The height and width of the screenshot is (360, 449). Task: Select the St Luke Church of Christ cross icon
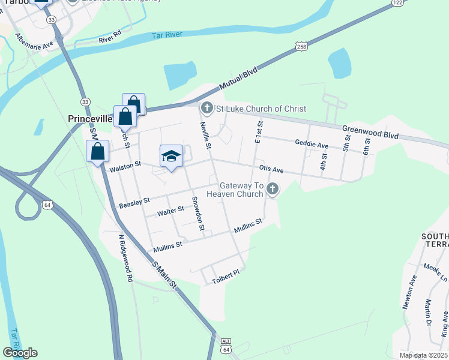point(206,108)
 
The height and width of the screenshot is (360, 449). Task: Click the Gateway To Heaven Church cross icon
point(273,190)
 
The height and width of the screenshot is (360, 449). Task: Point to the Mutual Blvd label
point(238,79)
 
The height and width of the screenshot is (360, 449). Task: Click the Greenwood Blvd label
point(370,133)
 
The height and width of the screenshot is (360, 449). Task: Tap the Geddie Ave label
point(312,144)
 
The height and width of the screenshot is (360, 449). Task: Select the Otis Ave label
point(271,170)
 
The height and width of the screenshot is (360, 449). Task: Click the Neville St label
point(205,136)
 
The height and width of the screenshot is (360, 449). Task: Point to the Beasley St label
point(134,203)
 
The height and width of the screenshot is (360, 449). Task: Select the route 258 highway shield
point(301,47)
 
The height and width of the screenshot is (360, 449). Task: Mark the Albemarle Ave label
point(35,41)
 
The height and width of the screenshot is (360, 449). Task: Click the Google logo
point(20,352)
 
